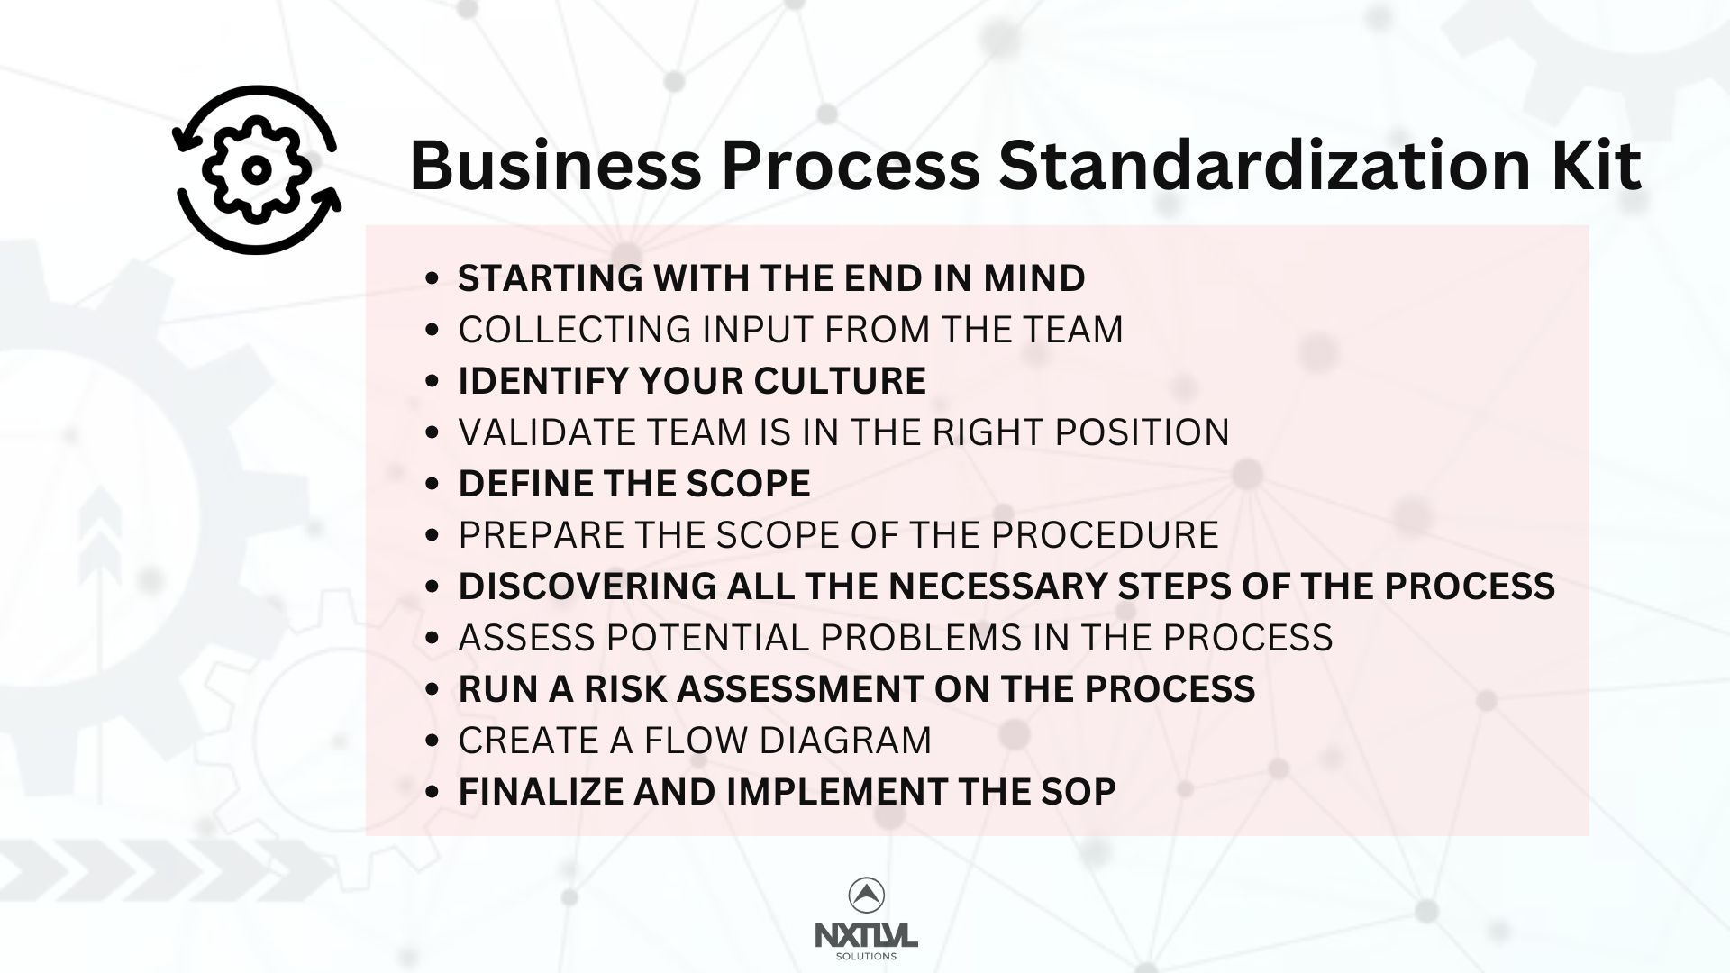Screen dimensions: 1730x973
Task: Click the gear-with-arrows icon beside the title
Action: coord(257,169)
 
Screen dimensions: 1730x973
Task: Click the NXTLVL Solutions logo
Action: coord(866,919)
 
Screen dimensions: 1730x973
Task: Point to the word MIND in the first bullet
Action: coord(1034,277)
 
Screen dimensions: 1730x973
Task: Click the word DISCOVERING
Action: coord(586,587)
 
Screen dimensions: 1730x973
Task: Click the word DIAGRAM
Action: coord(845,741)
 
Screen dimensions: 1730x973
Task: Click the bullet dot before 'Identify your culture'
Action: coord(433,381)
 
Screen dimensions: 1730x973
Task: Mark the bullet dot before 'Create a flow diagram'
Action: coord(433,741)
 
